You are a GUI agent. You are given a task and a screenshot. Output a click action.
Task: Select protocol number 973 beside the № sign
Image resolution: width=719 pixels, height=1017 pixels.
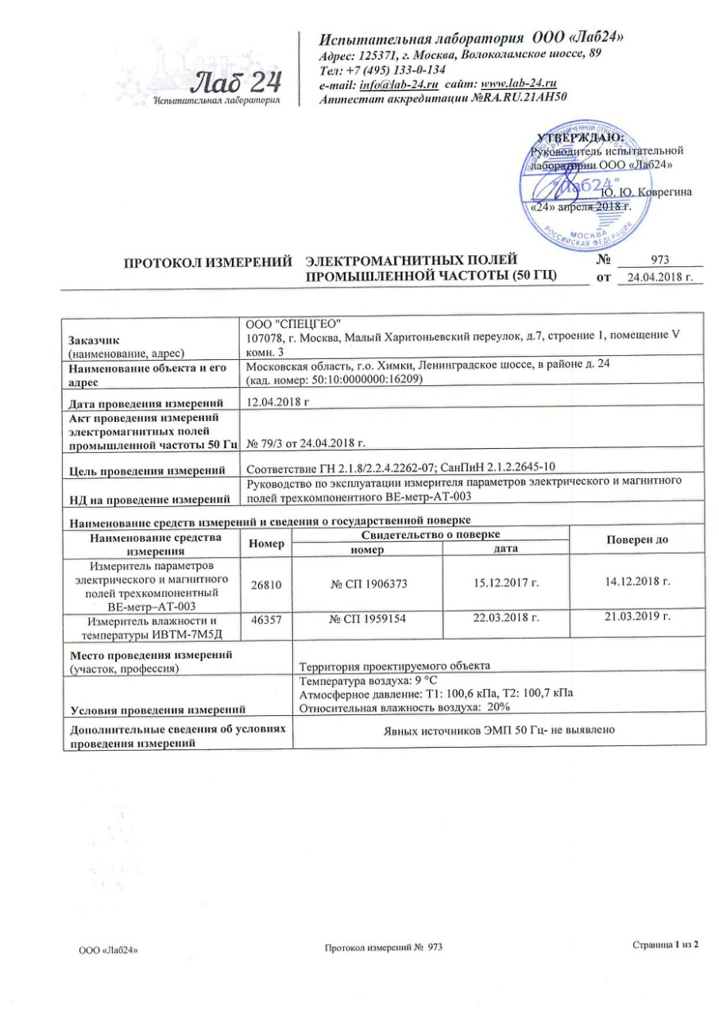coord(660,260)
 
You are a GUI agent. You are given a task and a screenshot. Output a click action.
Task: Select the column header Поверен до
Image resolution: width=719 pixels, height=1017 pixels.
coord(637,539)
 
